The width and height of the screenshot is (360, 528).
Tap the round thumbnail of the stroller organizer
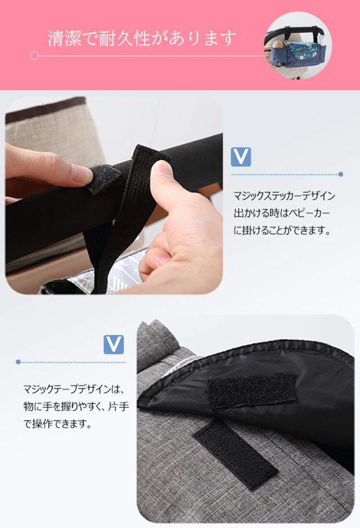[298, 45]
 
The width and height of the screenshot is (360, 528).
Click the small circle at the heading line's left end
[34, 56]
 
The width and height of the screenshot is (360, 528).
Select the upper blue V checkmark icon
[241, 156]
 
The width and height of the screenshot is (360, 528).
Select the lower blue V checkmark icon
[114, 344]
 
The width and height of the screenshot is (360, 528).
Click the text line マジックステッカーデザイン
[284, 196]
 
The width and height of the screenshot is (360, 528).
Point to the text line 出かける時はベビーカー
[281, 213]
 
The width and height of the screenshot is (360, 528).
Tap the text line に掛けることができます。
[281, 231]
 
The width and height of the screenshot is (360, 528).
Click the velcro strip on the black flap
[251, 389]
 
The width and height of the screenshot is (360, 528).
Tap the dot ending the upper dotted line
[341, 174]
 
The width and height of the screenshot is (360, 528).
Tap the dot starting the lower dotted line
[19, 362]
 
